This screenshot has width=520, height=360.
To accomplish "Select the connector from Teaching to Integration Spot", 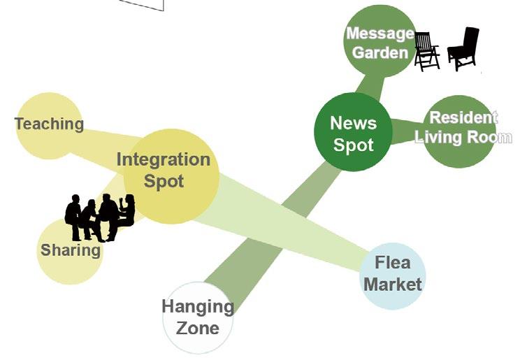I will (x=105, y=136).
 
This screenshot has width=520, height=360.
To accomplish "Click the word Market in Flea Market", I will (x=393, y=285).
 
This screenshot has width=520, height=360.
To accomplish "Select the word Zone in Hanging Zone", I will (x=197, y=327).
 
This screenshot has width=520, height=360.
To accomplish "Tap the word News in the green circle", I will (x=353, y=124).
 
